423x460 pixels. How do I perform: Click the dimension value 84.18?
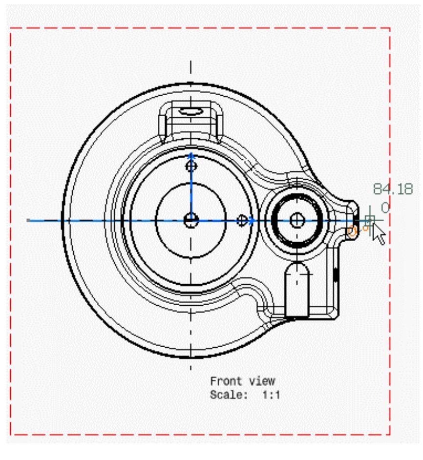tap(393, 188)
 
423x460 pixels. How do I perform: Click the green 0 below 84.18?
tap(385, 208)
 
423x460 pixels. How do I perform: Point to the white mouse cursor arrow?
tap(379, 234)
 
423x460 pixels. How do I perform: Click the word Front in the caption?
tap(226, 381)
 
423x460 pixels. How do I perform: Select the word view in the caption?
tap(262, 381)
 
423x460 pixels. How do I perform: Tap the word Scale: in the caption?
tap(229, 395)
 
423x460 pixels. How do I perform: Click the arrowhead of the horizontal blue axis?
tap(252, 221)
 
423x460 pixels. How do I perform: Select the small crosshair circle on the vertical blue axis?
tap(191, 167)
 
